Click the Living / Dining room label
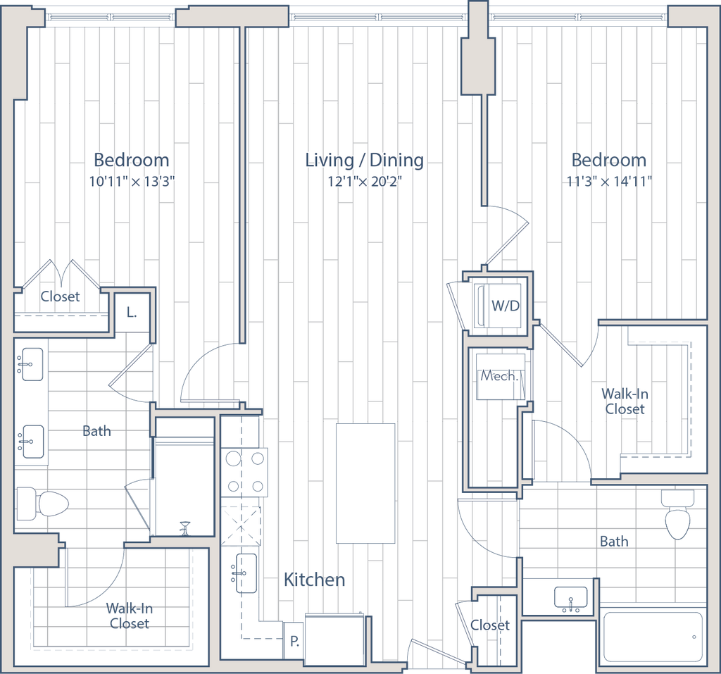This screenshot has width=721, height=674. [x=365, y=161]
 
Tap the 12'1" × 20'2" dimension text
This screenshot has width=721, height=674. [x=365, y=182]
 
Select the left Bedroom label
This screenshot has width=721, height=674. [x=131, y=160]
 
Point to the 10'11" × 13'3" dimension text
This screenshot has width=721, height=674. [x=131, y=181]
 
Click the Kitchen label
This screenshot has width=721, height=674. [x=315, y=580]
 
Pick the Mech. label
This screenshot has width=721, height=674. [x=499, y=376]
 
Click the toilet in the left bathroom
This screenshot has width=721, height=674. [x=42, y=504]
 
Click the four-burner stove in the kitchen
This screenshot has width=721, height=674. [x=245, y=472]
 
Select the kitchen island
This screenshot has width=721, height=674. [x=365, y=482]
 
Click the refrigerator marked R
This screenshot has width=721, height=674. [x=294, y=641]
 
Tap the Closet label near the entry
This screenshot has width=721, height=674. [x=490, y=625]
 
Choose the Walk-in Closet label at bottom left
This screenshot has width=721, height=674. [x=128, y=616]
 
